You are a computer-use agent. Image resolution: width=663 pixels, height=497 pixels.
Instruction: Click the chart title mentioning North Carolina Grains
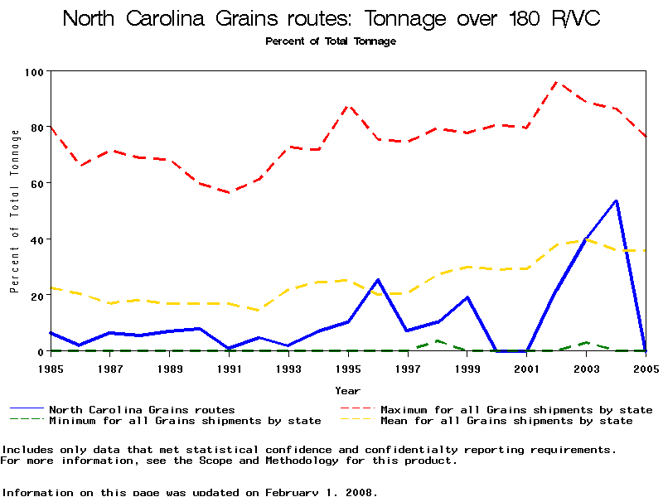[x=331, y=18]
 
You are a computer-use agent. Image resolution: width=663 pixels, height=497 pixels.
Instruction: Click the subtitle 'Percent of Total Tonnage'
[x=331, y=41]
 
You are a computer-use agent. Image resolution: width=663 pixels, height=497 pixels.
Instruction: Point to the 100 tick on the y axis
[x=33, y=72]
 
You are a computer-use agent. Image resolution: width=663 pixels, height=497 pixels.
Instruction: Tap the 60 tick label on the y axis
[x=36, y=183]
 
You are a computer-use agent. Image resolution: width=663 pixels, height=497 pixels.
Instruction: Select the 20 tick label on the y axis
[x=36, y=296]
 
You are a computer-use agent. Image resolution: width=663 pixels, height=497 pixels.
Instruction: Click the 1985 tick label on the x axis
[x=51, y=367]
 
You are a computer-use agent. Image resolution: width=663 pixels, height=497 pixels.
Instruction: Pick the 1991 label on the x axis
[x=230, y=367]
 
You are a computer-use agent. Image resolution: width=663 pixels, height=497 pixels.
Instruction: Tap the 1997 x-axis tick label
[x=408, y=367]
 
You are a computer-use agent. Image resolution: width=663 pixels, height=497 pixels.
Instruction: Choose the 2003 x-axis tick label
[x=586, y=367]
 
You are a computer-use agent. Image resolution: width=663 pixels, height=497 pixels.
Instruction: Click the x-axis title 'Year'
[x=347, y=390]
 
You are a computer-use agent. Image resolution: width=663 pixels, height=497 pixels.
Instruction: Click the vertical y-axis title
[x=15, y=211]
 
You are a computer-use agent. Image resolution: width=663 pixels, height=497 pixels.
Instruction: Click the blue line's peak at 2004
[x=616, y=200]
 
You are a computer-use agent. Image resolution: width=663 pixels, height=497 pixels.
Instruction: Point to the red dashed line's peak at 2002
[x=556, y=82]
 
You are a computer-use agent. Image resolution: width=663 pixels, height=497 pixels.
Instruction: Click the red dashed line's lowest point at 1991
[x=230, y=192]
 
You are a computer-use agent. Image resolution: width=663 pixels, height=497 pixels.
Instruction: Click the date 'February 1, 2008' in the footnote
[x=322, y=491]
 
